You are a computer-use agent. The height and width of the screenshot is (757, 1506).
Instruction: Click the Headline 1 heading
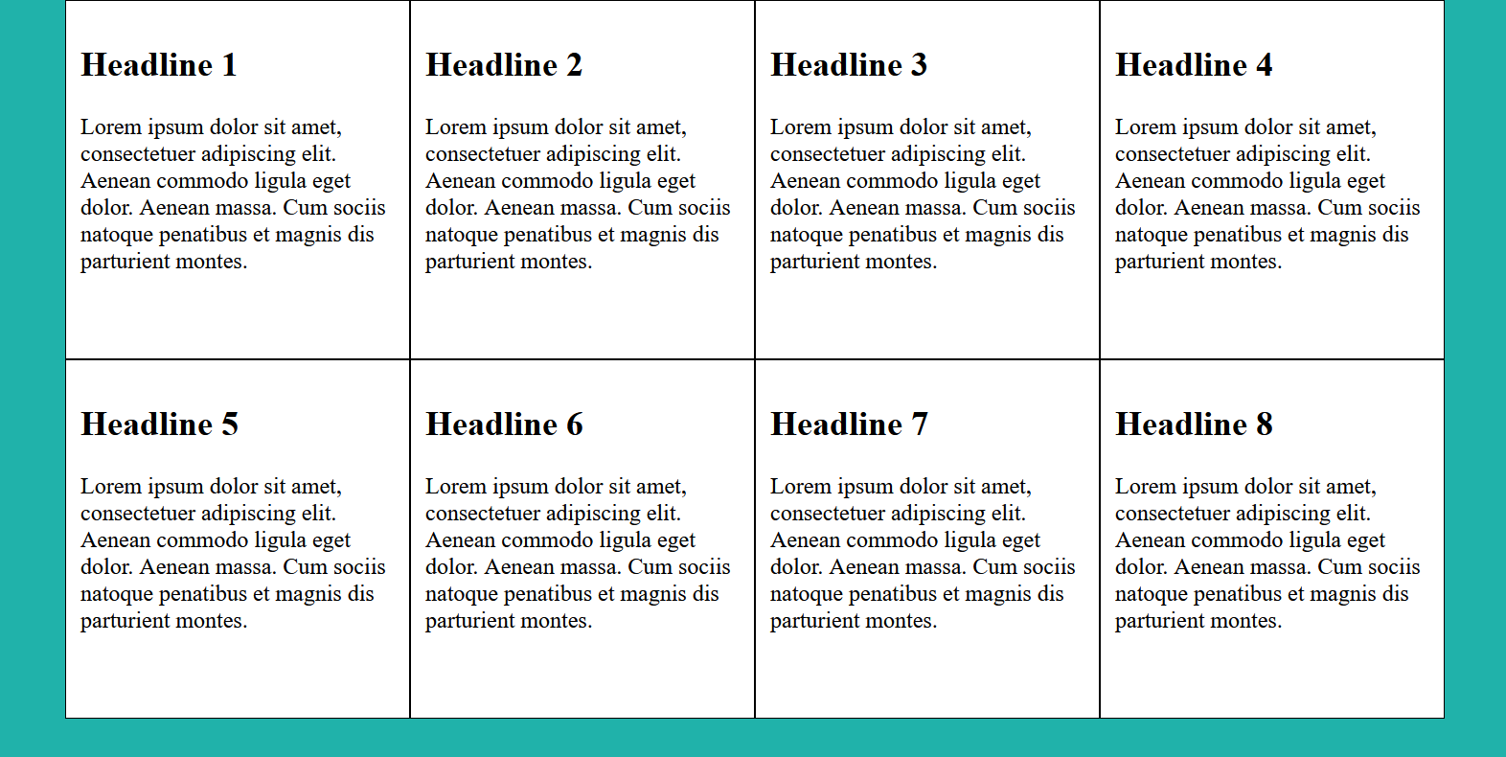tap(158, 65)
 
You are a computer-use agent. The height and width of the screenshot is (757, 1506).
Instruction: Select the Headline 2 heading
tap(503, 65)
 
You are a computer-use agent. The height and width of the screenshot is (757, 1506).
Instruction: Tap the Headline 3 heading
tap(848, 65)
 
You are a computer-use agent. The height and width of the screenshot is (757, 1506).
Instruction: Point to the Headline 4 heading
tap(1193, 65)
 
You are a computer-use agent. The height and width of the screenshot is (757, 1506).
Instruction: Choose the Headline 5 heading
tap(159, 424)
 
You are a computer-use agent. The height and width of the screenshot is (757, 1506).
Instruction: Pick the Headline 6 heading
tap(504, 424)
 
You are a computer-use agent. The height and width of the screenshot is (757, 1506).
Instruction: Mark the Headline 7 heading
tap(849, 424)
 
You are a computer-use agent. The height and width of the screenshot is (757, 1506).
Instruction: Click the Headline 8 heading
tap(1194, 424)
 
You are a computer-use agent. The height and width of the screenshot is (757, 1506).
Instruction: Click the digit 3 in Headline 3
tap(919, 65)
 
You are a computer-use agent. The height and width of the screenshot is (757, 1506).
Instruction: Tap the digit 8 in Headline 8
tap(1265, 424)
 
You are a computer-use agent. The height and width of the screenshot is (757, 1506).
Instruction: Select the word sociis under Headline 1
tap(359, 208)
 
